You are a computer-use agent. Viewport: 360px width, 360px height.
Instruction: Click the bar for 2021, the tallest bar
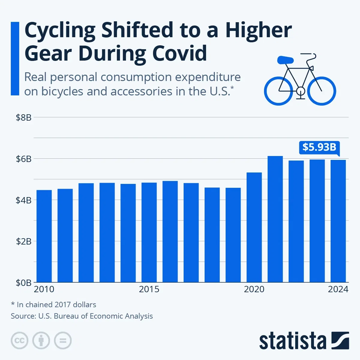tap(275, 219)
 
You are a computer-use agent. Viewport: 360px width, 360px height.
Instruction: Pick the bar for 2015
tap(149, 232)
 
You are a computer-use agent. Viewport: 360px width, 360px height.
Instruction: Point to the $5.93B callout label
tap(319, 147)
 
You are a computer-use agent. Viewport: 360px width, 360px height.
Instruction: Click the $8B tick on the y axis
tap(24, 118)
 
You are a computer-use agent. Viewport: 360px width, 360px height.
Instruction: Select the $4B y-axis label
tap(24, 200)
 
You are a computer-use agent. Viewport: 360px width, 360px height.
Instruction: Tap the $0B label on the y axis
tap(24, 283)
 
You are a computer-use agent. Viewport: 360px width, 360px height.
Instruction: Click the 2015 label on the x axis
tap(149, 289)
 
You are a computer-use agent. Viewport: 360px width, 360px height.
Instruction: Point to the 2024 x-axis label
tap(338, 289)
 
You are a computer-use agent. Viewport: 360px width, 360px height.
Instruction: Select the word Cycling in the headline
tap(60, 30)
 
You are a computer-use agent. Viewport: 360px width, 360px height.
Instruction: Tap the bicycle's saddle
tap(285, 60)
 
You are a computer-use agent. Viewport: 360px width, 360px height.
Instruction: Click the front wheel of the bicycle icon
tap(322, 91)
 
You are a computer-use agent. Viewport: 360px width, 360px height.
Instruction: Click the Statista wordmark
tap(292, 341)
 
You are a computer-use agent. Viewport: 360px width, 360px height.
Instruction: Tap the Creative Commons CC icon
tap(19, 341)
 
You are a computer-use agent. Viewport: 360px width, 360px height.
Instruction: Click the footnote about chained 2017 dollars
tap(53, 304)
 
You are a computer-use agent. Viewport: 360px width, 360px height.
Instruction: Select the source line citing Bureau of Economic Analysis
tap(82, 316)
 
